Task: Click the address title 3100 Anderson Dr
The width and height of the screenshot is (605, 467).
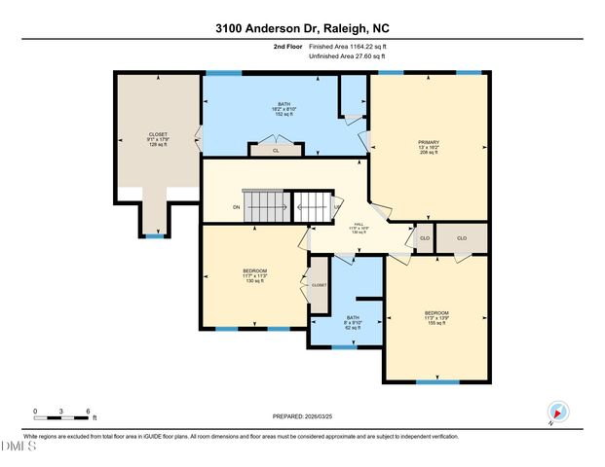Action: tap(302, 28)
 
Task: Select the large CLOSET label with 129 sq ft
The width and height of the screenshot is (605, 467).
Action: tap(158, 138)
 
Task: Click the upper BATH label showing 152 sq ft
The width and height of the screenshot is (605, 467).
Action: tap(284, 108)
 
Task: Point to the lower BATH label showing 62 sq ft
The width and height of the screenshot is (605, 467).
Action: tap(353, 322)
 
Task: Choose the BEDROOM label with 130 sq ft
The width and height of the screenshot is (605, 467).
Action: tap(254, 274)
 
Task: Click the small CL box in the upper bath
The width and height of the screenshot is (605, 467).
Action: tap(276, 151)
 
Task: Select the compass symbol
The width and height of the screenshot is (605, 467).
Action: tap(557, 412)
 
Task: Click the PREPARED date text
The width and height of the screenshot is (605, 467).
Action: tap(302, 415)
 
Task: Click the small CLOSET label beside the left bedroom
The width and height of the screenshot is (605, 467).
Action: tap(320, 285)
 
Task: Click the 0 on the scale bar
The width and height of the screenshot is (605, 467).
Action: tap(35, 412)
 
